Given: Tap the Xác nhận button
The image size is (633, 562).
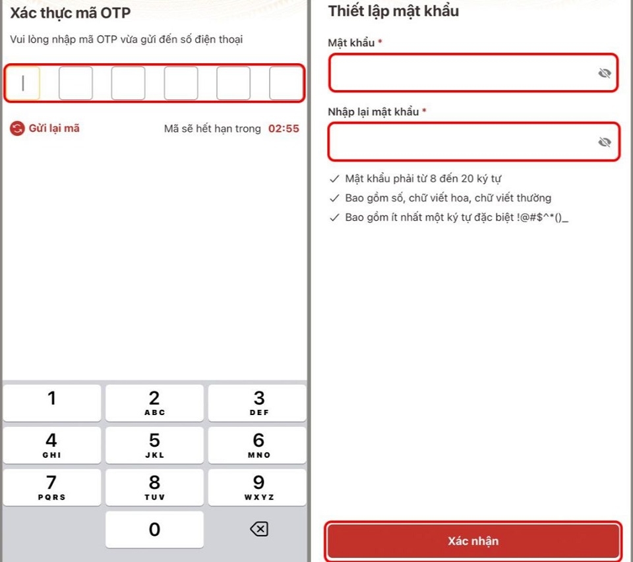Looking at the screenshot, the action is pos(473,541).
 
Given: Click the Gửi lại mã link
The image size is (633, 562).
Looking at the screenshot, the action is pos(54,128).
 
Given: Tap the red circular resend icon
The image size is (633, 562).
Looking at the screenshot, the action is pos(17,128).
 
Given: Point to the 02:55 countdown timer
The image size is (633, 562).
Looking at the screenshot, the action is pos(284,128).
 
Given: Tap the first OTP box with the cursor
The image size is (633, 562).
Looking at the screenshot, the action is pos(23,83).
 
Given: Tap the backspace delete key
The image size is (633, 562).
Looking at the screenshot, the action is pos(258,529).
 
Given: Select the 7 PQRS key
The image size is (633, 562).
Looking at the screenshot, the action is pos(51,487).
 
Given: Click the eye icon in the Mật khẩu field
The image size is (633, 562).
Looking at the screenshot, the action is pos(605,73).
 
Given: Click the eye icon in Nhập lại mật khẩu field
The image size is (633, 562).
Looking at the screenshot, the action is pos(605,142).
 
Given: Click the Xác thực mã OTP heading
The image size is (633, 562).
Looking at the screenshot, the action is pos(71,13).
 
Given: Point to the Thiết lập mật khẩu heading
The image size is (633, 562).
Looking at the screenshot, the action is pos(393,11).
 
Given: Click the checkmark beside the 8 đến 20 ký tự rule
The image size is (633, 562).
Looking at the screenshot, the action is pos(334,179).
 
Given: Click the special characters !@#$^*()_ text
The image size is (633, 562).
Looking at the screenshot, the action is pos(542,217).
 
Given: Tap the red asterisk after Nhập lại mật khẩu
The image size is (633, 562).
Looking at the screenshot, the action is pos(424,110).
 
